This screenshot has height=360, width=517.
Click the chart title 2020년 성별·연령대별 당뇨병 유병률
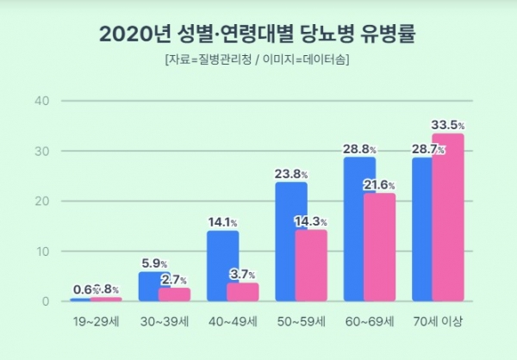(258, 34)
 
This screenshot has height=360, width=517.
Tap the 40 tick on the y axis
(41, 101)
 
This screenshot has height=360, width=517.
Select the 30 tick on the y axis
(41, 151)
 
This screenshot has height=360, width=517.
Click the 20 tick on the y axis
(41, 201)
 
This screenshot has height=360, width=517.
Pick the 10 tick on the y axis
(41, 251)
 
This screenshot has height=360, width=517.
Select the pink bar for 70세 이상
(448, 217)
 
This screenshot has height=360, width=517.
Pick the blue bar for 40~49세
(222, 265)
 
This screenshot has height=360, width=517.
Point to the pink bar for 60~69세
(379, 247)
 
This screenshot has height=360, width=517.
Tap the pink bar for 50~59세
(311, 265)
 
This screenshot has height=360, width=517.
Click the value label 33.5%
(450, 125)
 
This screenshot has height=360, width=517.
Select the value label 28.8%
(360, 149)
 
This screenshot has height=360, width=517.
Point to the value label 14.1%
(223, 222)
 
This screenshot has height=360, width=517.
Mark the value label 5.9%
(153, 264)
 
